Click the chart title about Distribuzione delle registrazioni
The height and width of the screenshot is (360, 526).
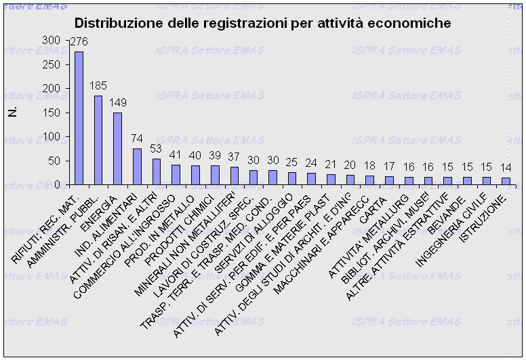coord(262,23)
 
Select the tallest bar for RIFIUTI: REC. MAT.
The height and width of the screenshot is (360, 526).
coord(79,118)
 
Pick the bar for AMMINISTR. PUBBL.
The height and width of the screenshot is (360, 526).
coord(98,140)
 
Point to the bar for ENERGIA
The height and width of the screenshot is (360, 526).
coord(117,148)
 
